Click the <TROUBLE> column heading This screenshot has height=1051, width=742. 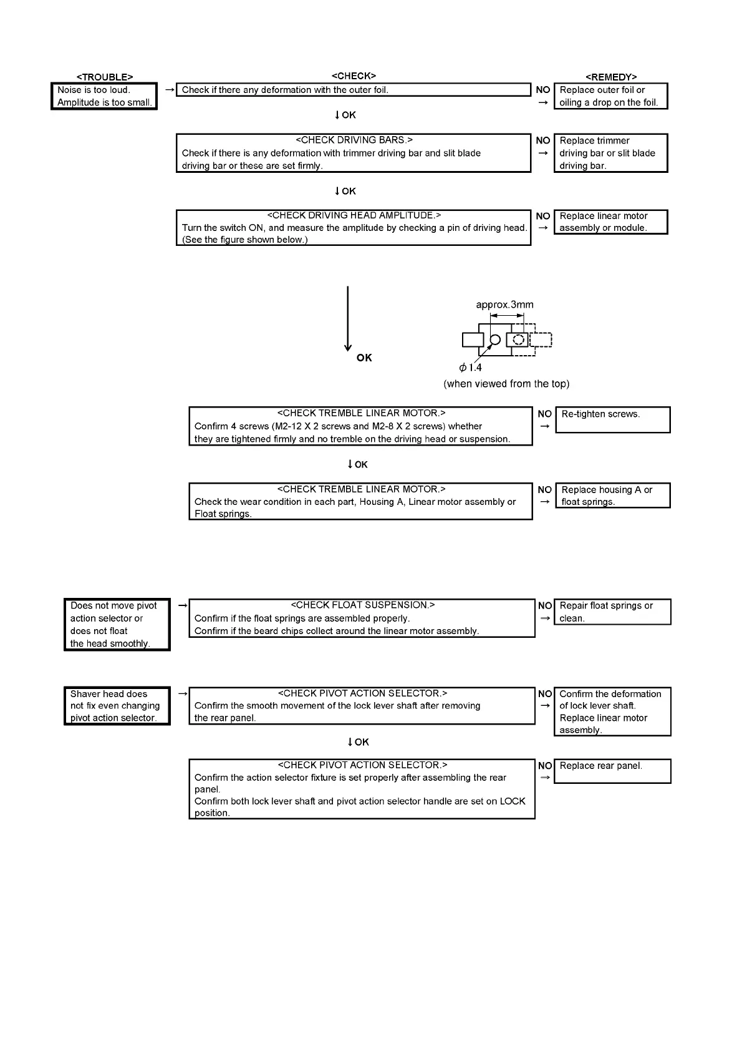coord(104,77)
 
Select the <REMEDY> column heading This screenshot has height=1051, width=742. coord(611,77)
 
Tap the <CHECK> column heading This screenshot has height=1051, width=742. coord(354,76)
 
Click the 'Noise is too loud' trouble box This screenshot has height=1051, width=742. coord(104,96)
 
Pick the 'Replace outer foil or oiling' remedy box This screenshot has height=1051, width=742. coord(610,96)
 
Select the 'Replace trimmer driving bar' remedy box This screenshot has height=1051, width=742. coord(610,153)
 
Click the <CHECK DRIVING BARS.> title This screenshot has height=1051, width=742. coord(354,140)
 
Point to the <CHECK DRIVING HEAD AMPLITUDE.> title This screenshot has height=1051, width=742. coord(354,215)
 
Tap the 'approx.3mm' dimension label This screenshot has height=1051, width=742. coord(504,305)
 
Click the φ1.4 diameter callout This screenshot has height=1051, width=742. coord(471,368)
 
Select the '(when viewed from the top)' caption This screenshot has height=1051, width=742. coord(506,384)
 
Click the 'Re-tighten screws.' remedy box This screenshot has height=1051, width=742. coord(612,419)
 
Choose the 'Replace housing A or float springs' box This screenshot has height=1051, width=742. coord(612,496)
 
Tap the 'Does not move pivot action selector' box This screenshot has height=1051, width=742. coord(117,624)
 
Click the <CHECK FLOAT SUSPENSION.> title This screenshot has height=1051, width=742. coord(362,605)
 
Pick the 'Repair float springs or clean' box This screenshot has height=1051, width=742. coord(612,612)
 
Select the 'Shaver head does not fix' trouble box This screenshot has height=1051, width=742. coord(117,706)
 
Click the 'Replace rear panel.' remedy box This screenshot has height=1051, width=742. coord(612,771)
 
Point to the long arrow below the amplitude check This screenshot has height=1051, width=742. coord(347,318)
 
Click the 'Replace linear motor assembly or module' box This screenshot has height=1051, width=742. coord(610,222)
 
